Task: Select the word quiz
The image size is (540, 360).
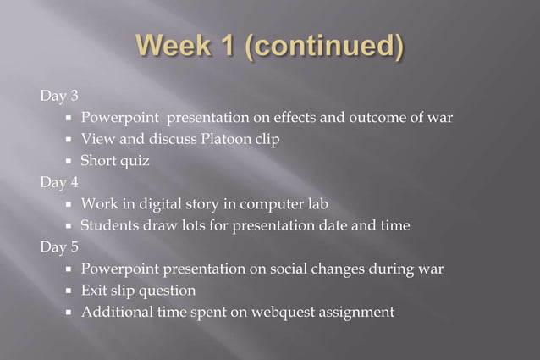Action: pos(134,161)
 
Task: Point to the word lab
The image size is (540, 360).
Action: pos(316,204)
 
